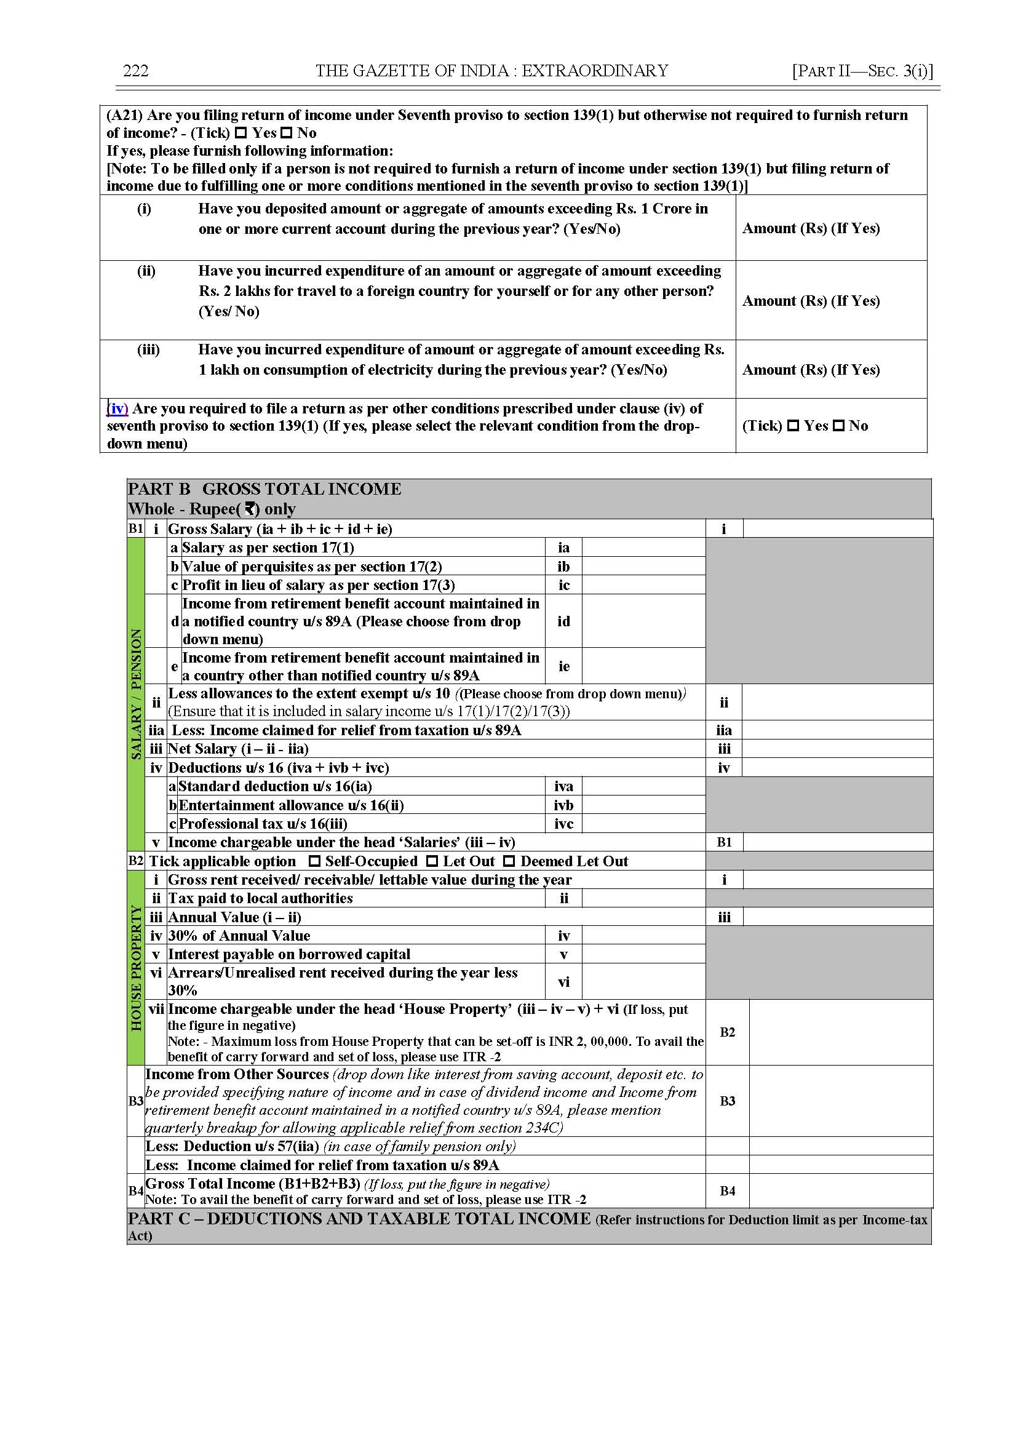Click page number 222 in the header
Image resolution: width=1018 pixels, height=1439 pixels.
click(135, 71)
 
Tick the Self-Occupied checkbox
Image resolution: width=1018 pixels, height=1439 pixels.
click(315, 861)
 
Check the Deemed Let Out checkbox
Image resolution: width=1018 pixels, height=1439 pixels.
click(509, 861)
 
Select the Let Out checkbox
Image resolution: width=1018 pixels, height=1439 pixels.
click(432, 861)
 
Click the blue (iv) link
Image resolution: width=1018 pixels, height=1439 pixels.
click(117, 409)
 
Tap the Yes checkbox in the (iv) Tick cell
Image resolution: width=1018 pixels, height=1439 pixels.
click(793, 426)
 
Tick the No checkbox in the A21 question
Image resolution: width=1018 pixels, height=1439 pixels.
click(287, 133)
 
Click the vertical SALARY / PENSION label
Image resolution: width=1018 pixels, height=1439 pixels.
click(136, 694)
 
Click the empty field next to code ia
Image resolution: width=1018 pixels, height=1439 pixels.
click(643, 548)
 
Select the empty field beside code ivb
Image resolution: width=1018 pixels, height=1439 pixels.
click(643, 805)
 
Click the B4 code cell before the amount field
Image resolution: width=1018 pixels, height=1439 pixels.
click(727, 1190)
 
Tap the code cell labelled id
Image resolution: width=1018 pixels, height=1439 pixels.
click(563, 621)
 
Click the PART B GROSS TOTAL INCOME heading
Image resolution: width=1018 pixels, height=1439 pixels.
click(264, 489)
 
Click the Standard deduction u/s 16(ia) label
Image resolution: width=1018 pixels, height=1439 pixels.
click(275, 786)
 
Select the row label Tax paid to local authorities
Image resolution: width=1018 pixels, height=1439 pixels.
click(260, 898)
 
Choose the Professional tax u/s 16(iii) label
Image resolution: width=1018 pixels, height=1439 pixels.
click(263, 824)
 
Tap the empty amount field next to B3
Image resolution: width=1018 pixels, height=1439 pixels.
click(840, 1101)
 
